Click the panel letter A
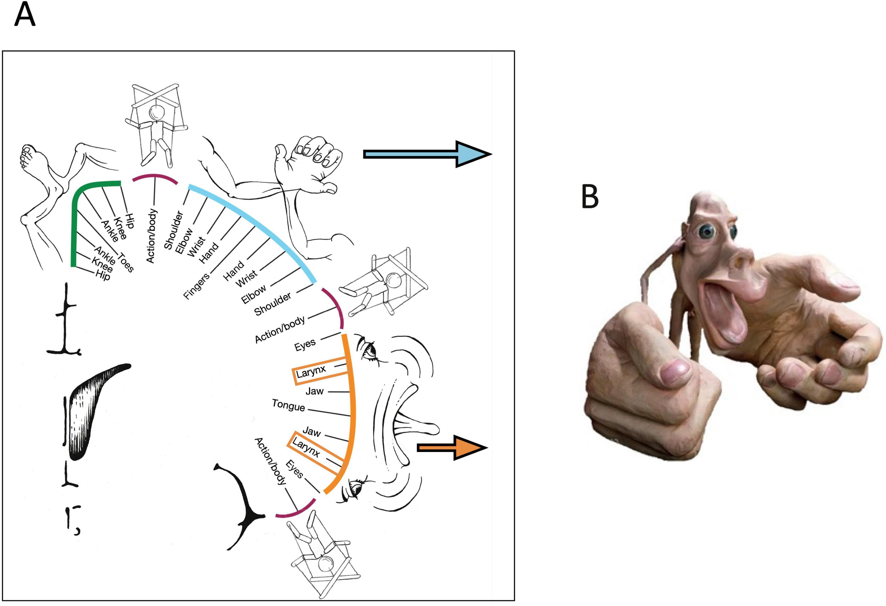click(25, 15)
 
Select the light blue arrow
click(427, 154)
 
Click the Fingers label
click(196, 286)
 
